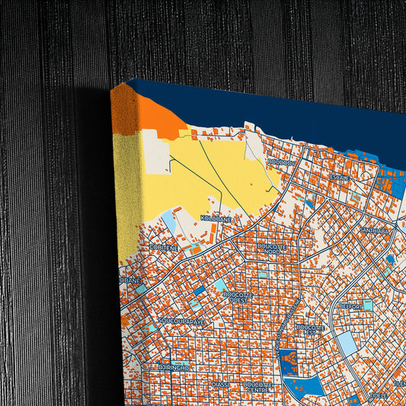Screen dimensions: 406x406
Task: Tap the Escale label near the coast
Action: [340, 177]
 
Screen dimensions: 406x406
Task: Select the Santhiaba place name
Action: [374, 230]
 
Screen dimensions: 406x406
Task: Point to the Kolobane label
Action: [216, 219]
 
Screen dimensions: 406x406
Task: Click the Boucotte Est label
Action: [311, 329]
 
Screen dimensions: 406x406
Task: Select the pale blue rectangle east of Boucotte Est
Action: [347, 343]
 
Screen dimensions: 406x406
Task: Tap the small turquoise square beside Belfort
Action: [368, 305]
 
